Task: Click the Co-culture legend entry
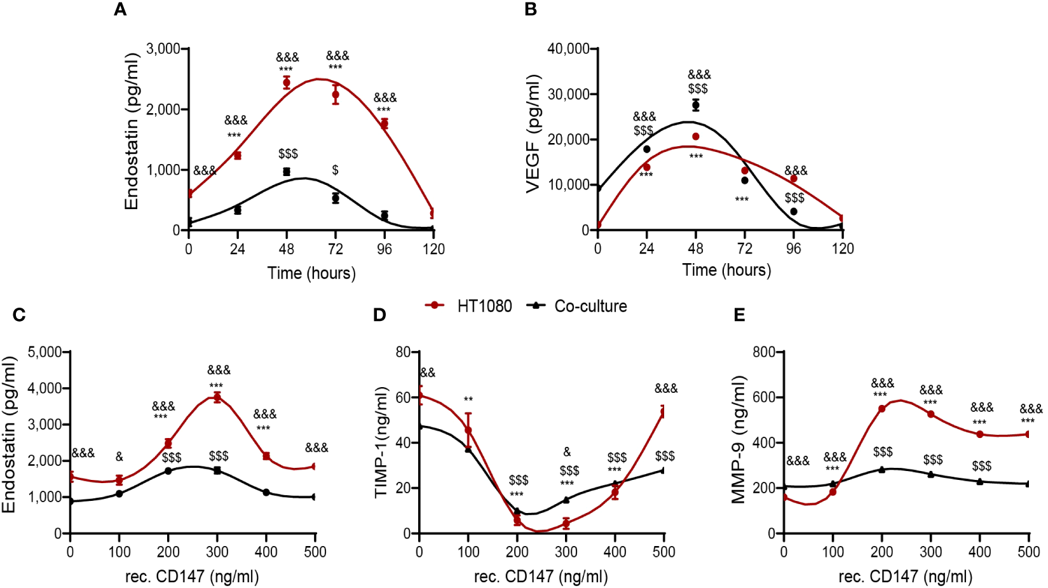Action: click(x=577, y=306)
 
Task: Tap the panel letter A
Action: click(x=119, y=10)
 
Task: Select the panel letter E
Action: click(x=739, y=315)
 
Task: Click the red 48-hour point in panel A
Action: click(x=287, y=83)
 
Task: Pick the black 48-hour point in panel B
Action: click(x=696, y=105)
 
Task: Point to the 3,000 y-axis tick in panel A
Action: click(x=163, y=49)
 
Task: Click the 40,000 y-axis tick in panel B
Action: click(x=568, y=49)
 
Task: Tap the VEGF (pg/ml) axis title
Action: click(x=533, y=133)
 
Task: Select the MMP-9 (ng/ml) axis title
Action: click(x=738, y=439)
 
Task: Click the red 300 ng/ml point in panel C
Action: click(x=217, y=397)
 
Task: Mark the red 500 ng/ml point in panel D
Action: click(x=664, y=413)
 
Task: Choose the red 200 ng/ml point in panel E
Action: click(x=881, y=409)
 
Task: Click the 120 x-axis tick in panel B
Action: click(x=843, y=249)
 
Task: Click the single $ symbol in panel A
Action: click(x=335, y=170)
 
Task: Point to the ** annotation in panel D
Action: click(x=468, y=400)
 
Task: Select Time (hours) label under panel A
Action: click(x=311, y=273)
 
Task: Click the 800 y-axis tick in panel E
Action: click(x=763, y=352)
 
